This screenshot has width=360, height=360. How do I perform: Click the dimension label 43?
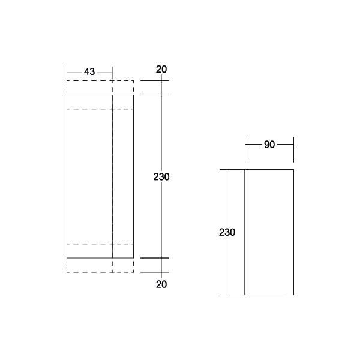pos(89,72)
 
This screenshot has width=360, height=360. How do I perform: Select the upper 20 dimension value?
pos(161,69)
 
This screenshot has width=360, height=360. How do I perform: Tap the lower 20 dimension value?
pos(161,284)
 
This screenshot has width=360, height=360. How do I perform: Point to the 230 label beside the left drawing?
pos(161,177)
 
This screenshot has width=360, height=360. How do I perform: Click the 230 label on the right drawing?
pos(227,232)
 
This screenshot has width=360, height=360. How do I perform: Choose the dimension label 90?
pos(269,145)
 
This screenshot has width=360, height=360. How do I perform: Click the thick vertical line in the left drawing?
pos(112,180)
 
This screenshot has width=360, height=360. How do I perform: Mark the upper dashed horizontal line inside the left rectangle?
pos(90,109)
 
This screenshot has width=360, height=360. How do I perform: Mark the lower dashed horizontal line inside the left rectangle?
pos(90,244)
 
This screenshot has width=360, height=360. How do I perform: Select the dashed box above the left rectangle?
pos(100,88)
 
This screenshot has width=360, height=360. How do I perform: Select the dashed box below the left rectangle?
pos(100,266)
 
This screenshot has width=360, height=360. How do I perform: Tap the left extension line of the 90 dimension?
pos(245,150)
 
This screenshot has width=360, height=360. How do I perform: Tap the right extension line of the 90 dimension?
pos(293,150)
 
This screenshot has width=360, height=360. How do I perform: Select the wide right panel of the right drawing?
pos(269,232)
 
